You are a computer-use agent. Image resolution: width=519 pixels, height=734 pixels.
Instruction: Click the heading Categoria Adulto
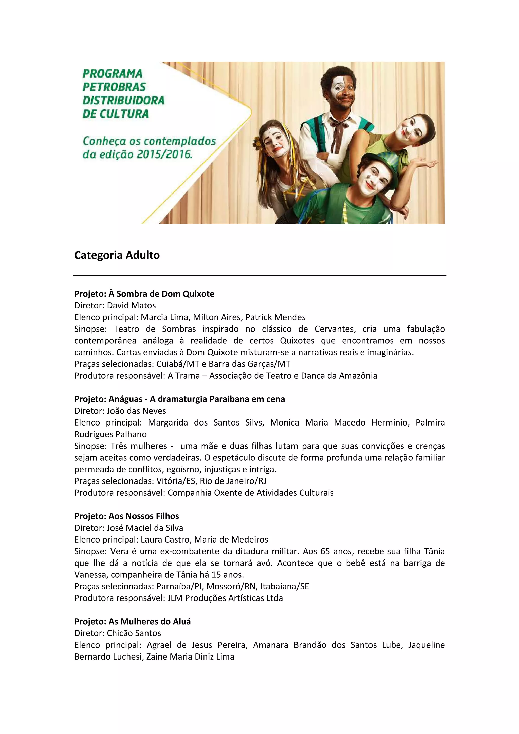click(117, 255)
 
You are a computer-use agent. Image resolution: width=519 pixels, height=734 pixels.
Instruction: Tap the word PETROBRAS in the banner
click(114, 87)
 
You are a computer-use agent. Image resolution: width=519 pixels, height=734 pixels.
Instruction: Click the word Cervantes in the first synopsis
click(335, 329)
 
